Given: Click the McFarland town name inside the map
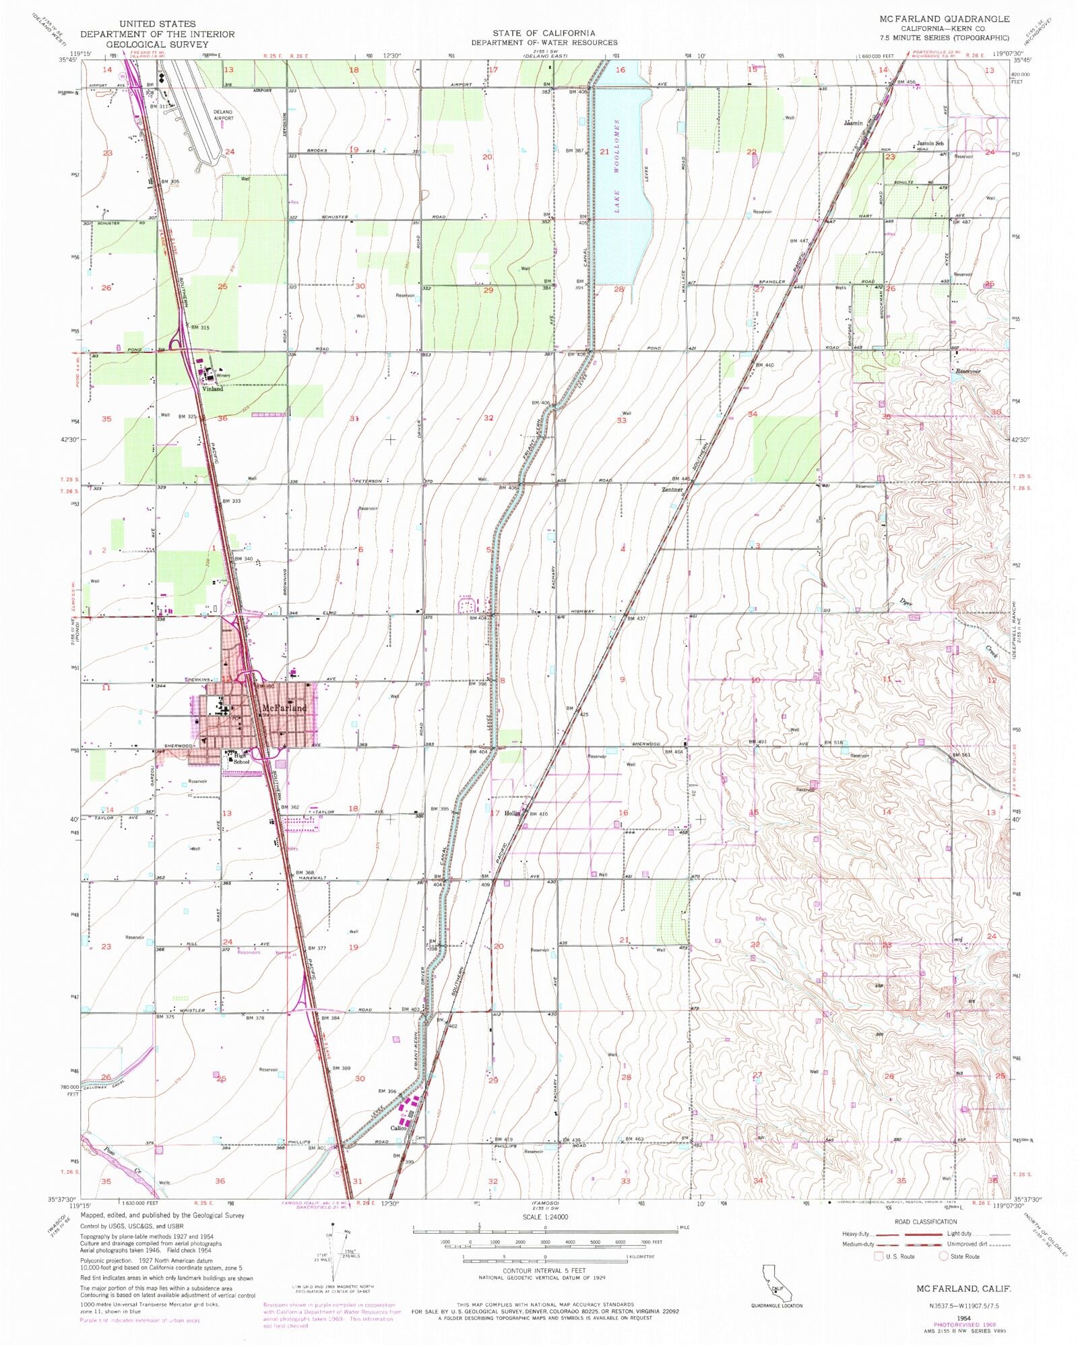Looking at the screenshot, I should (284, 708).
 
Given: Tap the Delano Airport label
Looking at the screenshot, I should (223, 115).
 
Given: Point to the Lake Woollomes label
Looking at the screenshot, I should (616, 166).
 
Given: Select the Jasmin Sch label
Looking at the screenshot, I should (930, 144).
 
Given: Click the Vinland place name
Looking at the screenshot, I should (213, 389).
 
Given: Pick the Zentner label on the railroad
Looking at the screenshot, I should (672, 489).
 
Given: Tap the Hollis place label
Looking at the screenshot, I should (513, 813).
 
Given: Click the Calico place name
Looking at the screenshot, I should (398, 1128).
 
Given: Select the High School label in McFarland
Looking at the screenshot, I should (241, 759).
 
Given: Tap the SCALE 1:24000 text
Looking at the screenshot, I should (545, 1217).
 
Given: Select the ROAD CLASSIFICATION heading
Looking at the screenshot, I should (925, 1222).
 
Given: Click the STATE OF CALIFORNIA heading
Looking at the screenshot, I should (544, 33).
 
